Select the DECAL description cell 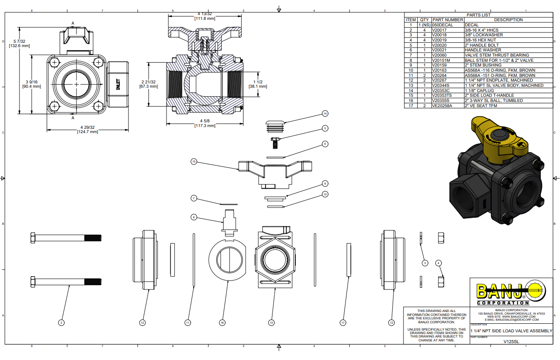pyautogui.click(x=472, y=25)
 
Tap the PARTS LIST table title pyautogui.click(x=478, y=15)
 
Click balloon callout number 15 pyautogui.click(x=194, y=161)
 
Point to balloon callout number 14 pyautogui.click(x=325, y=114)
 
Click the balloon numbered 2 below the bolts pyautogui.click(x=61, y=322)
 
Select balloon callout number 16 pyautogui.click(x=222, y=322)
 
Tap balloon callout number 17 pyautogui.click(x=343, y=322)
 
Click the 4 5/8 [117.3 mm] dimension pyautogui.click(x=205, y=123)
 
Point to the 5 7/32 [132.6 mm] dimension pyautogui.click(x=19, y=43)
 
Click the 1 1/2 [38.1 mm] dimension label pyautogui.click(x=258, y=84)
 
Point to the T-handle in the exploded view pyautogui.click(x=274, y=173)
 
